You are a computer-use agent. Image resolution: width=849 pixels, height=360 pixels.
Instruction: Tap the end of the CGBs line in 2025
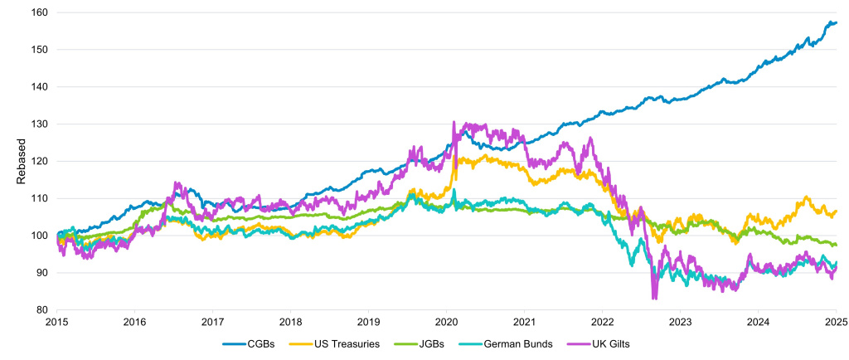click(x=836, y=22)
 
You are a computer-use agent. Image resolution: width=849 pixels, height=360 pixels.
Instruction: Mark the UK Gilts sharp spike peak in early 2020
click(x=454, y=123)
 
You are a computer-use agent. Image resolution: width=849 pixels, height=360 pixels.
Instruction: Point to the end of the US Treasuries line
click(x=836, y=211)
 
